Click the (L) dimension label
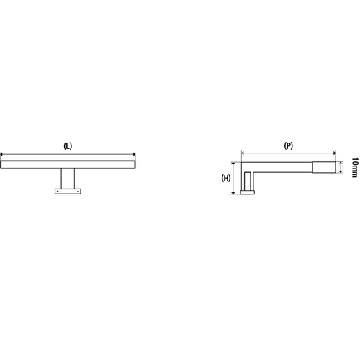tap(68, 145)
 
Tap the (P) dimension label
tap(288, 145)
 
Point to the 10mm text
tap(354, 168)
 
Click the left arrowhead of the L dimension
tap(2, 153)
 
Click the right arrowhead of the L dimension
tap(134, 153)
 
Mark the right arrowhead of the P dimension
tap(335, 153)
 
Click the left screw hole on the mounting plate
tap(59, 192)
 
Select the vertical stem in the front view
tap(68, 179)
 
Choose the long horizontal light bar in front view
tap(68, 165)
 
